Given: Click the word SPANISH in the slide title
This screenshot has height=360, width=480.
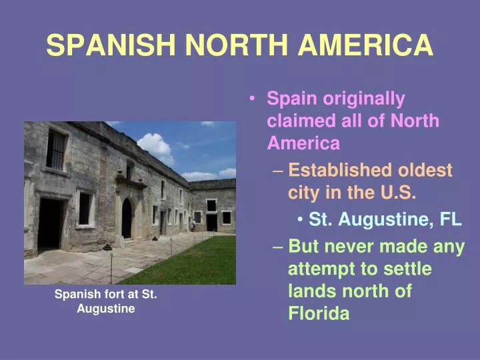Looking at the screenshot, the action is click(x=111, y=45).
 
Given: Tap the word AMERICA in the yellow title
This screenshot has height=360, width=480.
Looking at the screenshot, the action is click(x=365, y=45).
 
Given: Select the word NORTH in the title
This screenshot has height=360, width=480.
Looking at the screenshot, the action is click(x=237, y=45).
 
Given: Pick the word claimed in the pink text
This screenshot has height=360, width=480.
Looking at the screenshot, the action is click(x=301, y=120).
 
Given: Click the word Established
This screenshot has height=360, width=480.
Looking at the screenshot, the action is click(x=340, y=170).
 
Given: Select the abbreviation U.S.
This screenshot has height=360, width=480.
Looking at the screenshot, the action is click(x=398, y=192).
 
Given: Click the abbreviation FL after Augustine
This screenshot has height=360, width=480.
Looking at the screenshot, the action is click(x=451, y=219).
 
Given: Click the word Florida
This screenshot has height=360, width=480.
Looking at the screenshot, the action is click(x=319, y=313).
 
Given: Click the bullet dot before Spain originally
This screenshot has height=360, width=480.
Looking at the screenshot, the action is click(x=252, y=99).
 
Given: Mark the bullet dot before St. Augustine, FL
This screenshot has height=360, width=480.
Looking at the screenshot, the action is click(x=300, y=219).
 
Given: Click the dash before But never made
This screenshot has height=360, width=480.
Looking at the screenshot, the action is click(x=277, y=247).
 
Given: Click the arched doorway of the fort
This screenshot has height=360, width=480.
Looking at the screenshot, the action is click(x=127, y=218).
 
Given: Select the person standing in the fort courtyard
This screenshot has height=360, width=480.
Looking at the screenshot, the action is click(x=193, y=226).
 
